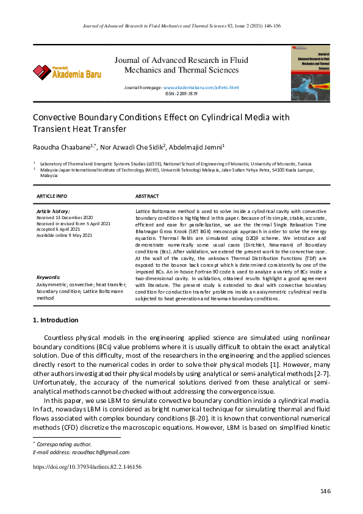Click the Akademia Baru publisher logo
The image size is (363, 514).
click(67, 73)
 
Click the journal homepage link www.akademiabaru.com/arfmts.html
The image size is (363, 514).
click(201, 88)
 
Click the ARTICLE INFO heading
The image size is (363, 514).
click(52, 196)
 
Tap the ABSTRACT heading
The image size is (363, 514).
click(147, 196)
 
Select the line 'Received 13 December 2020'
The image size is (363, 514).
click(65, 217)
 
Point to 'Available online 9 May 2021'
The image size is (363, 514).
click(65, 235)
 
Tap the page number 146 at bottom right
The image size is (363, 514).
click(325, 491)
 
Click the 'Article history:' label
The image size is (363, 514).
click(54, 211)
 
